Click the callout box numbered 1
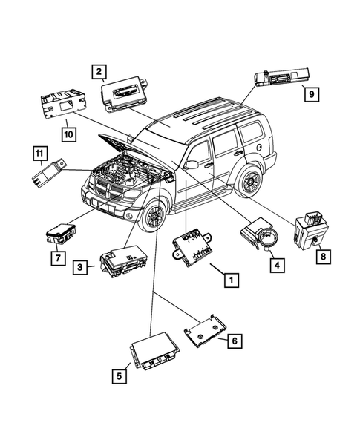click(232, 280)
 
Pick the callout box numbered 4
click(275, 263)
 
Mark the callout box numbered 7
click(55, 257)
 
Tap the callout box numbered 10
click(68, 133)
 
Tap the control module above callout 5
click(157, 353)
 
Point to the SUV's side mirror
click(192, 162)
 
